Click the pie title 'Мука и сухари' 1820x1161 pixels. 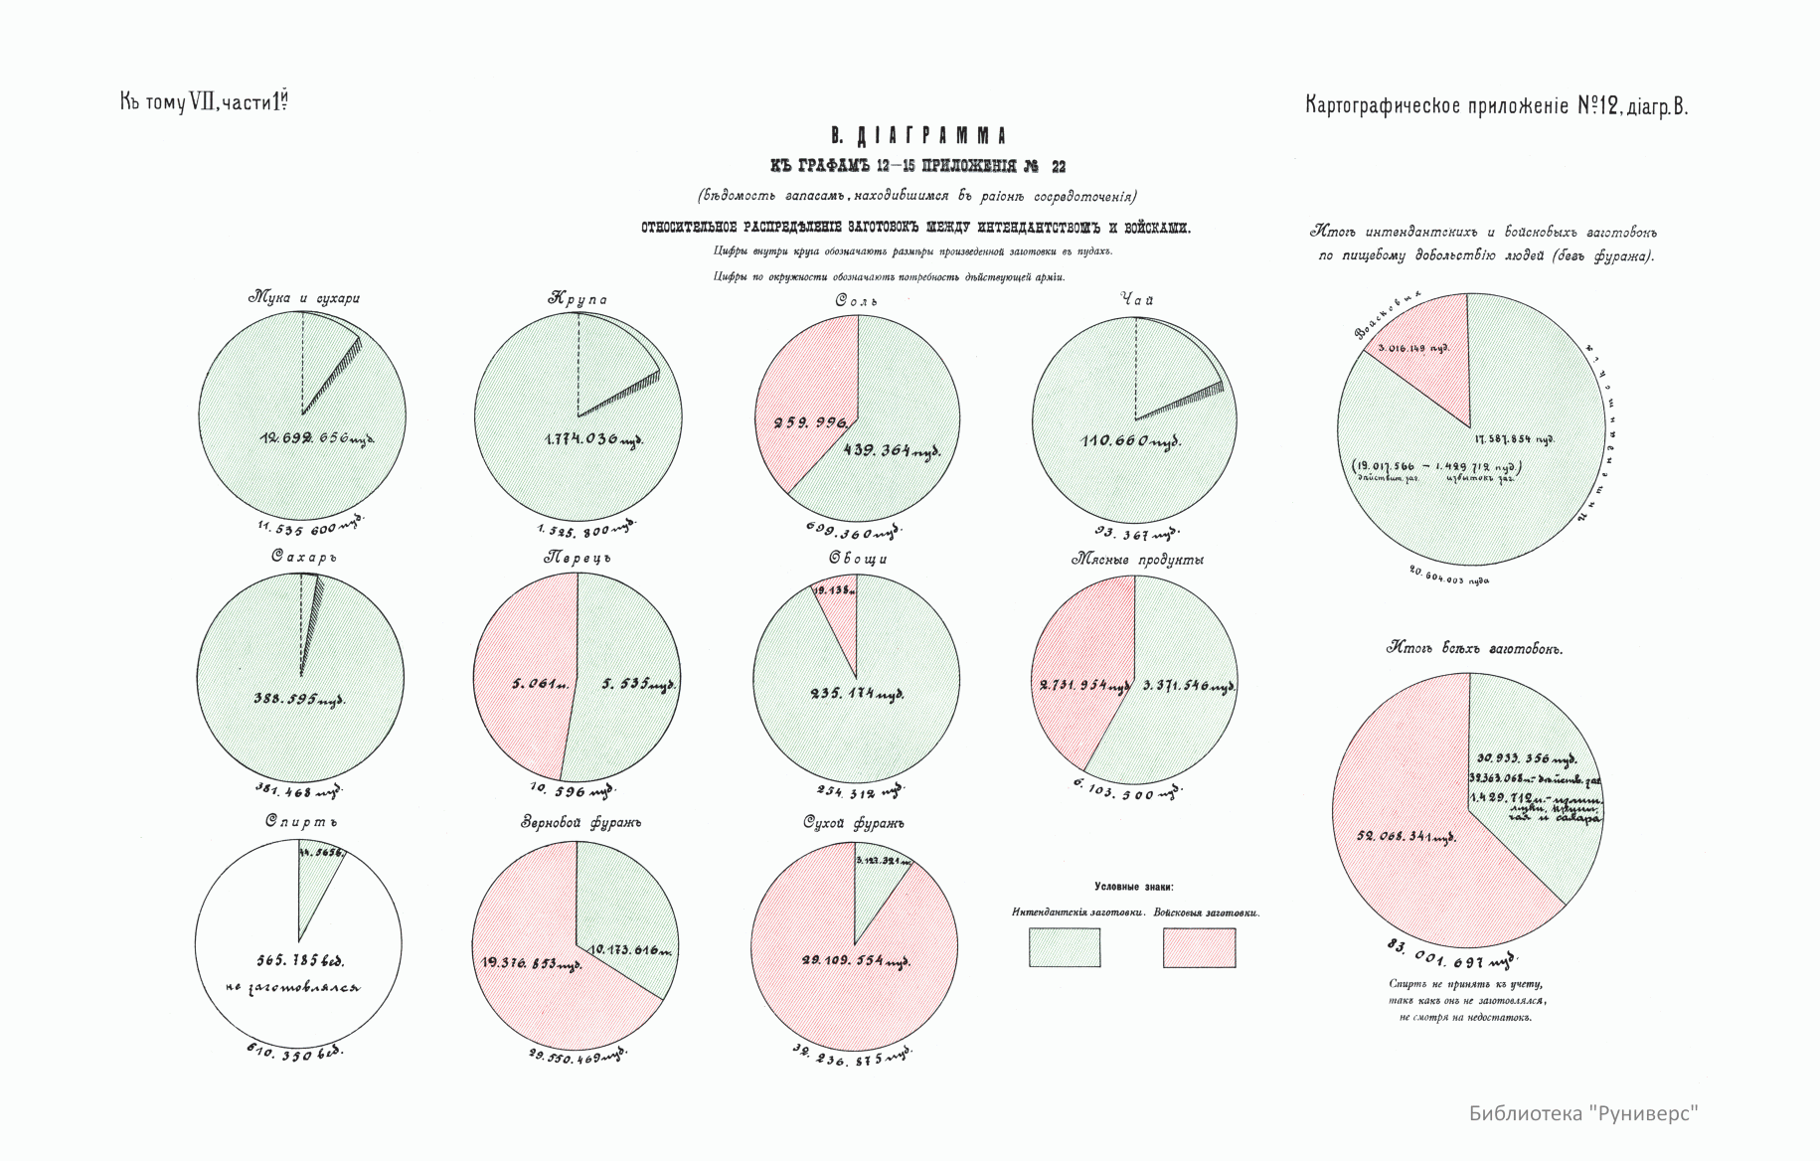click(303, 297)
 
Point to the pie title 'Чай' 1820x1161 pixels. click(1136, 299)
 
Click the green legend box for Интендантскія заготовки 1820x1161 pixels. click(1064, 947)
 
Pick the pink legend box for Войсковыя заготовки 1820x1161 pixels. click(1199, 947)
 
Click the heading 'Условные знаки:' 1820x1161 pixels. click(1133, 886)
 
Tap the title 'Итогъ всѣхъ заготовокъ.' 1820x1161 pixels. click(1474, 648)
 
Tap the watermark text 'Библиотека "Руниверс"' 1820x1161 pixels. click(1583, 1112)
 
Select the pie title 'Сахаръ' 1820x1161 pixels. click(304, 557)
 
